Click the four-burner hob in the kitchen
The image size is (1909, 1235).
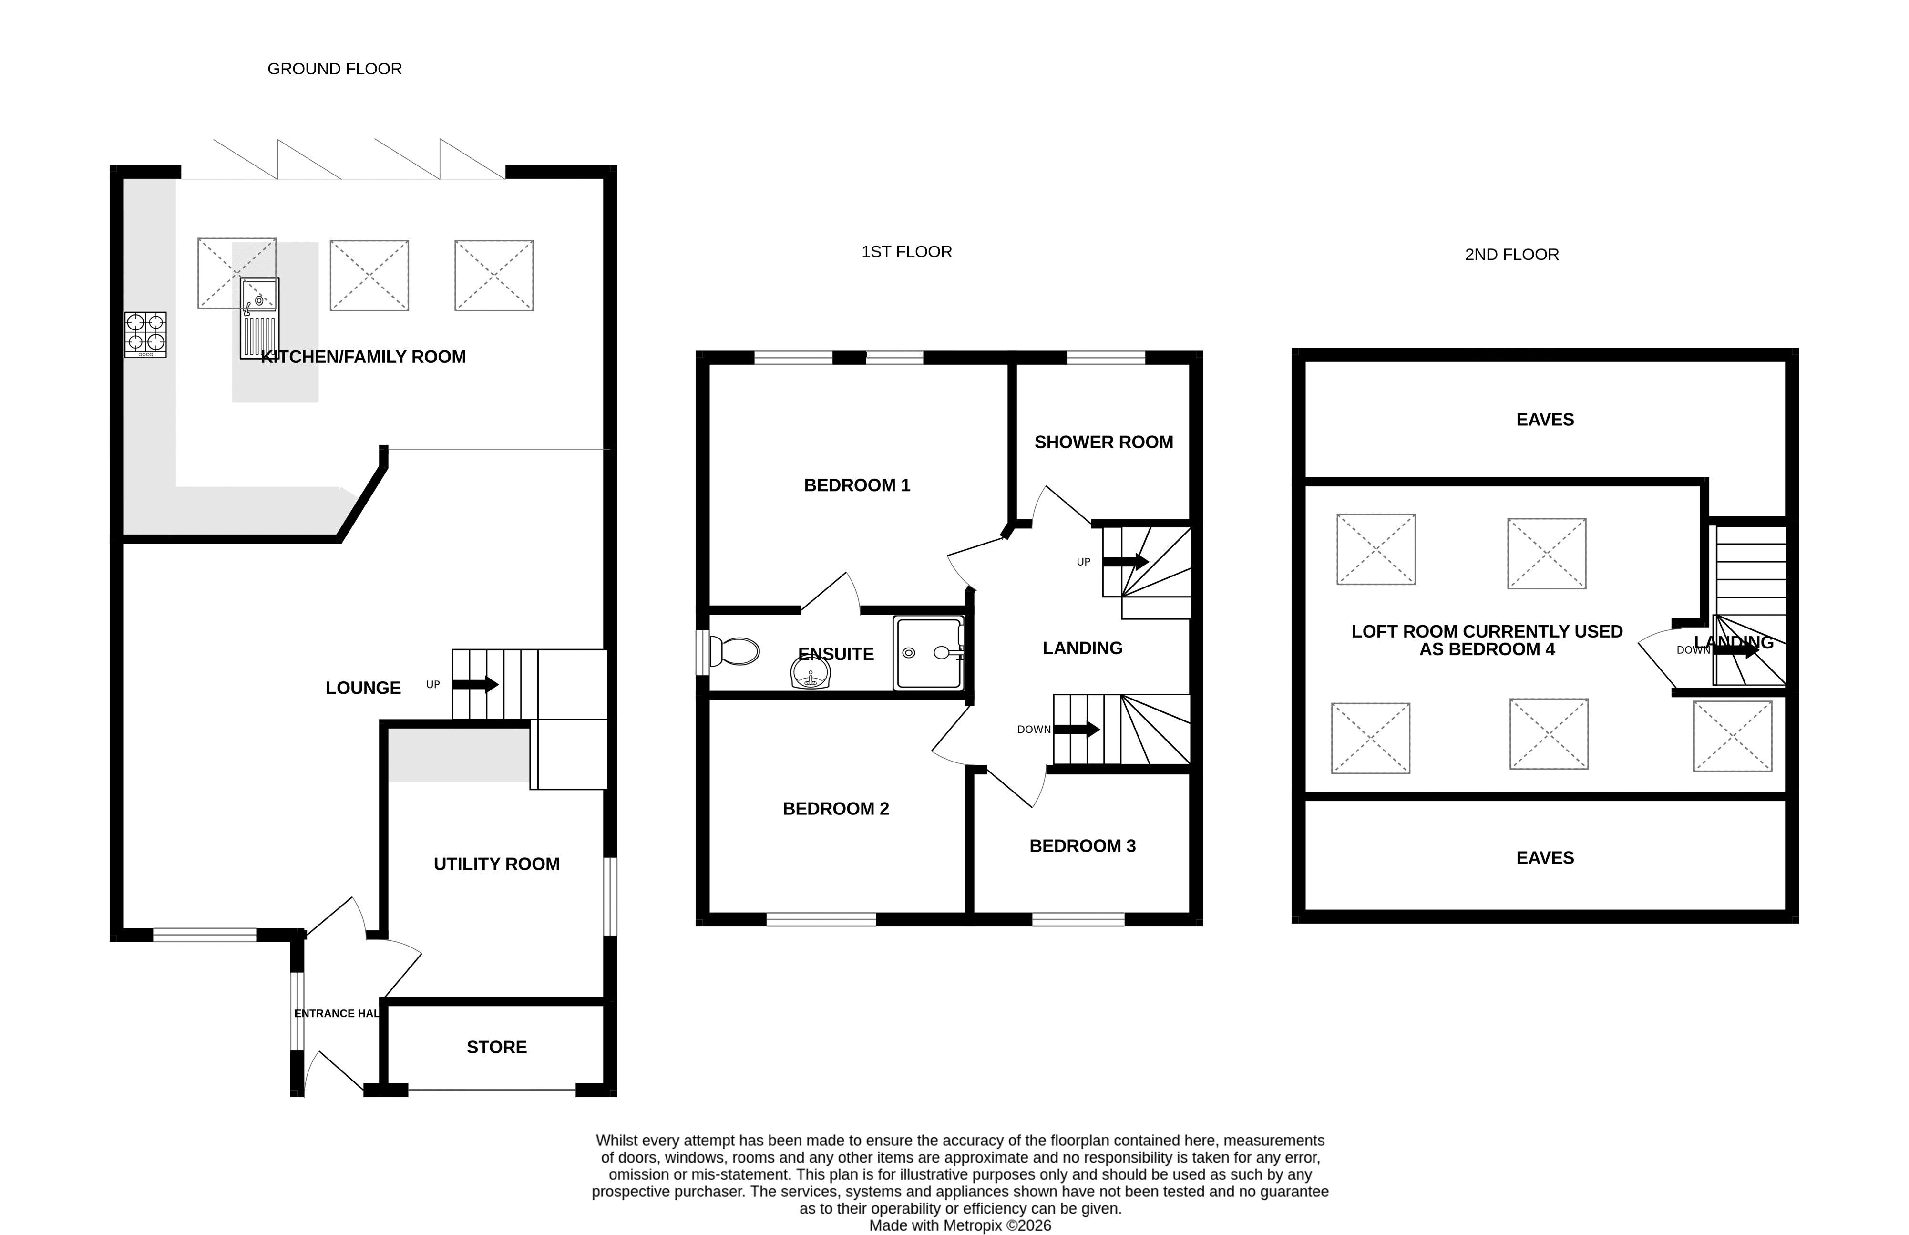click(145, 334)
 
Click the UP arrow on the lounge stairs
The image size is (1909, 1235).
click(475, 685)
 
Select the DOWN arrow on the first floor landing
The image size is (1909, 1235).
click(1076, 729)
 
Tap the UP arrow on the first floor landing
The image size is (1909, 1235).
click(1126, 561)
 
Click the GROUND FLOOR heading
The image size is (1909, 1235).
click(334, 69)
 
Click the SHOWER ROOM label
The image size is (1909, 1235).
click(1103, 442)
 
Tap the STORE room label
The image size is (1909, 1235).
click(496, 1047)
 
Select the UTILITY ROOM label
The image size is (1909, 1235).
click(496, 864)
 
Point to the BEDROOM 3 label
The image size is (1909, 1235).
click(1082, 845)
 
